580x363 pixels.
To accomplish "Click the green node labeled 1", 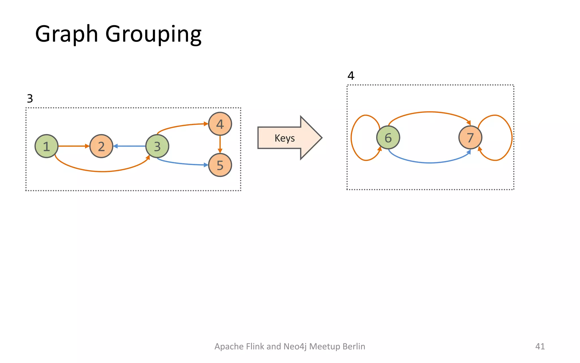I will tap(46, 146).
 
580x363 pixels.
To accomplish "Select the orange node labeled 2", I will tap(101, 146).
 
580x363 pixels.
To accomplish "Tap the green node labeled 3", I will tap(157, 146).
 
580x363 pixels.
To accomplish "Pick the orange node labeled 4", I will tap(220, 124).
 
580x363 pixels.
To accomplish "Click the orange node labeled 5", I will tap(220, 165).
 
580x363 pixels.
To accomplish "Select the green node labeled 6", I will tap(388, 138).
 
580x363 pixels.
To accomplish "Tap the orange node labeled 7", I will tap(470, 138).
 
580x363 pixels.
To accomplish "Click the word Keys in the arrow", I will tap(285, 138).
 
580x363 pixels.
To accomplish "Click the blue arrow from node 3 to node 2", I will tap(129, 146).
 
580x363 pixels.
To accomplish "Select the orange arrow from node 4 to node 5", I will tap(220, 144).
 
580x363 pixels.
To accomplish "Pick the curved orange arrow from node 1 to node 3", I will tap(102, 171).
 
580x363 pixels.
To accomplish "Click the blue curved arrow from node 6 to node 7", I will tap(430, 162).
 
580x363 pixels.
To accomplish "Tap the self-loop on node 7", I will tap(511, 138).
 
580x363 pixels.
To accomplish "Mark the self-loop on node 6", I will tap(351, 138).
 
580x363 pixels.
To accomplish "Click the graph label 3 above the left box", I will tap(30, 99).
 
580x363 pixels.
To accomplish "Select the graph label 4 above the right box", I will tap(351, 76).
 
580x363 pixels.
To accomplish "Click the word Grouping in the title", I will tap(153, 34).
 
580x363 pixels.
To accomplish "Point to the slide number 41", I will tap(540, 346).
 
